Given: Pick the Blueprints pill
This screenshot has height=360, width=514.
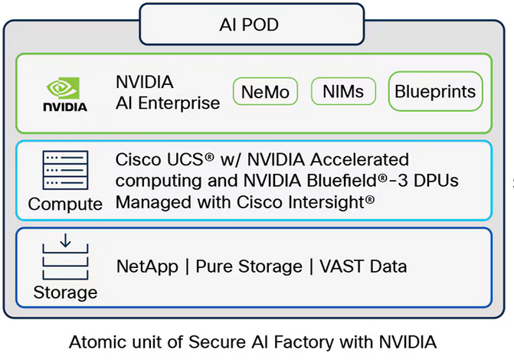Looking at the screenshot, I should (435, 92).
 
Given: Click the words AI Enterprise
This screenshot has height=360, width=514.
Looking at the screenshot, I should (167, 103).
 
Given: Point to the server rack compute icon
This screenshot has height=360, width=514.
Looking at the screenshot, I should (64, 172).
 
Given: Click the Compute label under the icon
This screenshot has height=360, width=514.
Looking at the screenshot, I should (65, 205).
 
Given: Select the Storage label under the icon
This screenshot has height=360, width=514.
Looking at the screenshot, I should (65, 293).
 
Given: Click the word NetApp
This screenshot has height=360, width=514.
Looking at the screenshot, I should (146, 267).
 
